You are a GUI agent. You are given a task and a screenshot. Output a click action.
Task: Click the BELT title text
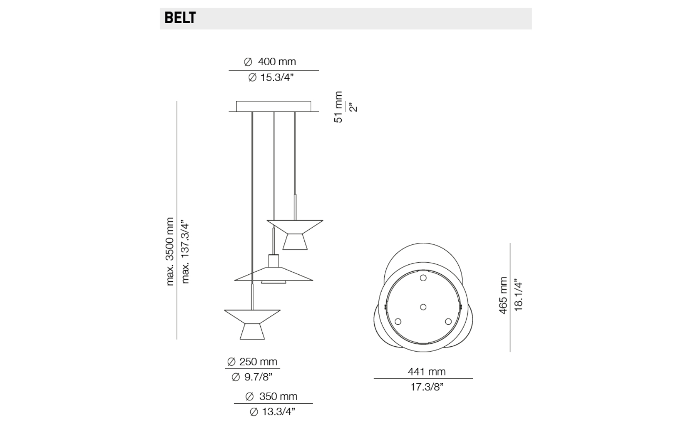pyautogui.click(x=180, y=18)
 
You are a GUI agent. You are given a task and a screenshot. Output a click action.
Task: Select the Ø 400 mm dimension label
pyautogui.click(x=270, y=62)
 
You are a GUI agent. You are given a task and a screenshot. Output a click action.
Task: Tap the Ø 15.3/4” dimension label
pyautogui.click(x=271, y=78)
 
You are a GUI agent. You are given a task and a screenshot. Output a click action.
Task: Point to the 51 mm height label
pyautogui.click(x=338, y=107)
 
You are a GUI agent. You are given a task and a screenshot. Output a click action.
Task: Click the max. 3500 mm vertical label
pyautogui.click(x=170, y=251)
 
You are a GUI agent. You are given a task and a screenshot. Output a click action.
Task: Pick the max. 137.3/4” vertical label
pyautogui.click(x=185, y=252)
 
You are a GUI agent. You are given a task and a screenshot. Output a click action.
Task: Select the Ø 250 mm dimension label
pyautogui.click(x=252, y=362)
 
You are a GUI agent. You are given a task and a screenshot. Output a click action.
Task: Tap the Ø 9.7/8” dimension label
pyautogui.click(x=252, y=377)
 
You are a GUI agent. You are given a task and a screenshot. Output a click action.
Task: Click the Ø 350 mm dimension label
pyautogui.click(x=271, y=396)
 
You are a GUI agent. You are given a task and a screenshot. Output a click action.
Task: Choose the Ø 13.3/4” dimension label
pyautogui.click(x=272, y=412)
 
